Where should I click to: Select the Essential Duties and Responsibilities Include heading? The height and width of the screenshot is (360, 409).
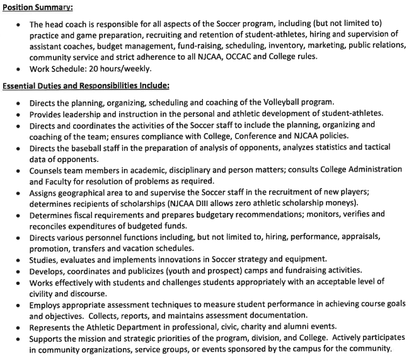(86, 85)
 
